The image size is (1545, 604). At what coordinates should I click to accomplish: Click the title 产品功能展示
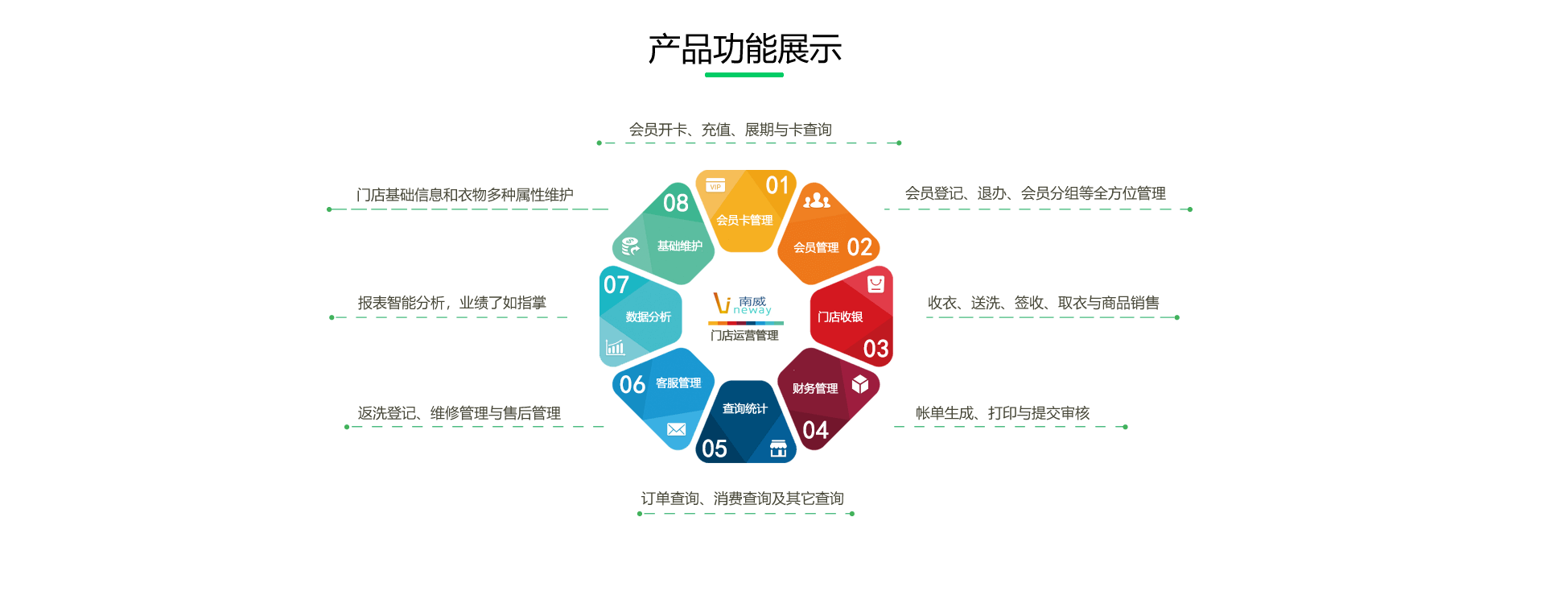point(745,49)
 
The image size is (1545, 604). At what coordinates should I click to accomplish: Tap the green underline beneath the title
point(744,75)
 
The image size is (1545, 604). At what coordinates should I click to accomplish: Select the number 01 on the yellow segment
point(777,186)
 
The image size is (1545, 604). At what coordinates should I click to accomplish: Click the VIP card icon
point(715,185)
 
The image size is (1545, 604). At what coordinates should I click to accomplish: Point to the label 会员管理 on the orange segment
point(816,247)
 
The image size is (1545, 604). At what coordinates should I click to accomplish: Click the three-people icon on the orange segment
point(817,200)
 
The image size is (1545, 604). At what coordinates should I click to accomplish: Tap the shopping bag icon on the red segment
point(875,283)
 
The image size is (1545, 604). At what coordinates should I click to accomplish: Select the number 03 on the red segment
point(876,349)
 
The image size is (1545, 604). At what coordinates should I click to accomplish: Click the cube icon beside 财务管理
point(860,383)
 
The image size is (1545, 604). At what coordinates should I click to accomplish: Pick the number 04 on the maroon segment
point(815,431)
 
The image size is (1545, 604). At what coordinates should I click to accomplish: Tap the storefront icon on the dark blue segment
point(778,449)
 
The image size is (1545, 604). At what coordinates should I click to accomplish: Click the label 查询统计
point(745,408)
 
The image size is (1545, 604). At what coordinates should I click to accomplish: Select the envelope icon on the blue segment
point(677,429)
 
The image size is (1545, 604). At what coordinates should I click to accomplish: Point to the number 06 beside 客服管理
point(632,385)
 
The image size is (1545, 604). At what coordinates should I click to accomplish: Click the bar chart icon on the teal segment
point(616,347)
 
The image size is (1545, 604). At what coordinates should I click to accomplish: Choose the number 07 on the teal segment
point(616,285)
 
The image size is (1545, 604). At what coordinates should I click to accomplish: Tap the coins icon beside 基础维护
point(631,246)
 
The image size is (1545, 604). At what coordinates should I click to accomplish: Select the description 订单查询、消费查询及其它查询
point(743,499)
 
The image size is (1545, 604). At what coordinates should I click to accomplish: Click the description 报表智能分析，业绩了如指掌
point(452,303)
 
